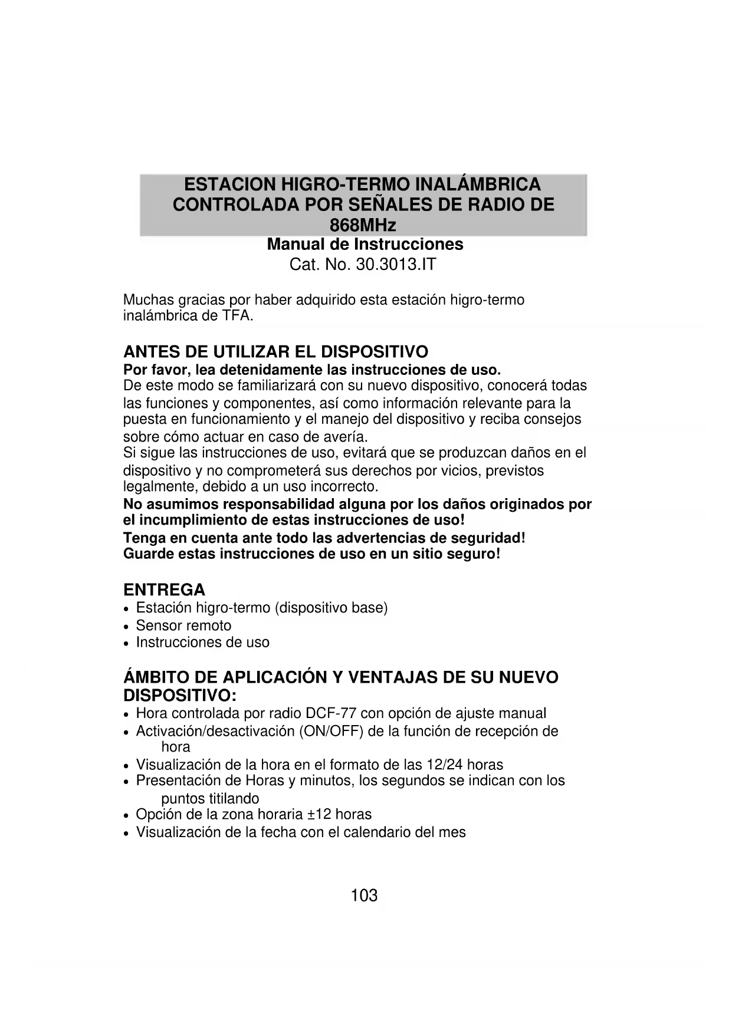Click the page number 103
coord(364,895)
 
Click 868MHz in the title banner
coord(363,225)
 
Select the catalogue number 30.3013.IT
coord(396,264)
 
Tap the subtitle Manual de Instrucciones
coord(365,244)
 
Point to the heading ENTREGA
coord(164,590)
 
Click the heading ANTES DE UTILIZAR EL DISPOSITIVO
coord(275,352)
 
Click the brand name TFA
coord(237,315)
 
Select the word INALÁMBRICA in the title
coord(478,184)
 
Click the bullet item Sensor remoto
coord(183,625)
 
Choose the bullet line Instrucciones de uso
coord(202,642)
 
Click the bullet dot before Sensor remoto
coord(126,627)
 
